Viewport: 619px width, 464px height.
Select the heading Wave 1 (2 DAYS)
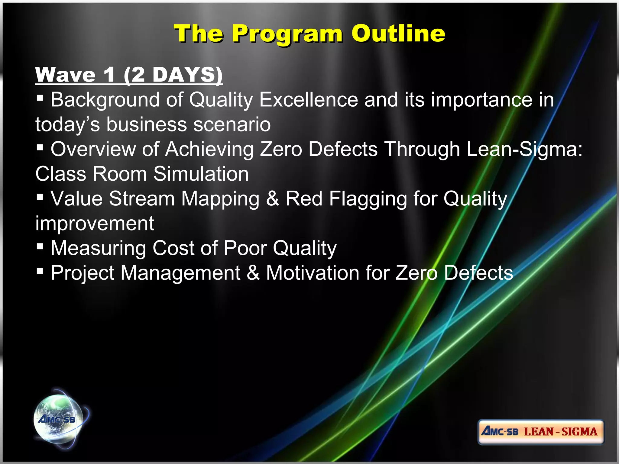[129, 75]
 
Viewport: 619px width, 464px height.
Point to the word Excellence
[309, 100]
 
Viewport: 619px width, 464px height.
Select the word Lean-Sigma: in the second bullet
[524, 149]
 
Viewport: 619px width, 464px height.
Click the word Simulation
[201, 174]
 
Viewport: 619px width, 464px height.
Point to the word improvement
[95, 224]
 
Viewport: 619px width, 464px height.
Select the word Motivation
[313, 273]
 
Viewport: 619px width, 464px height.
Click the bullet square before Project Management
[40, 271]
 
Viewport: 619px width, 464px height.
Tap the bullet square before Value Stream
[40, 197]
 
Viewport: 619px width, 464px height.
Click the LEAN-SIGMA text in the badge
[561, 432]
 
